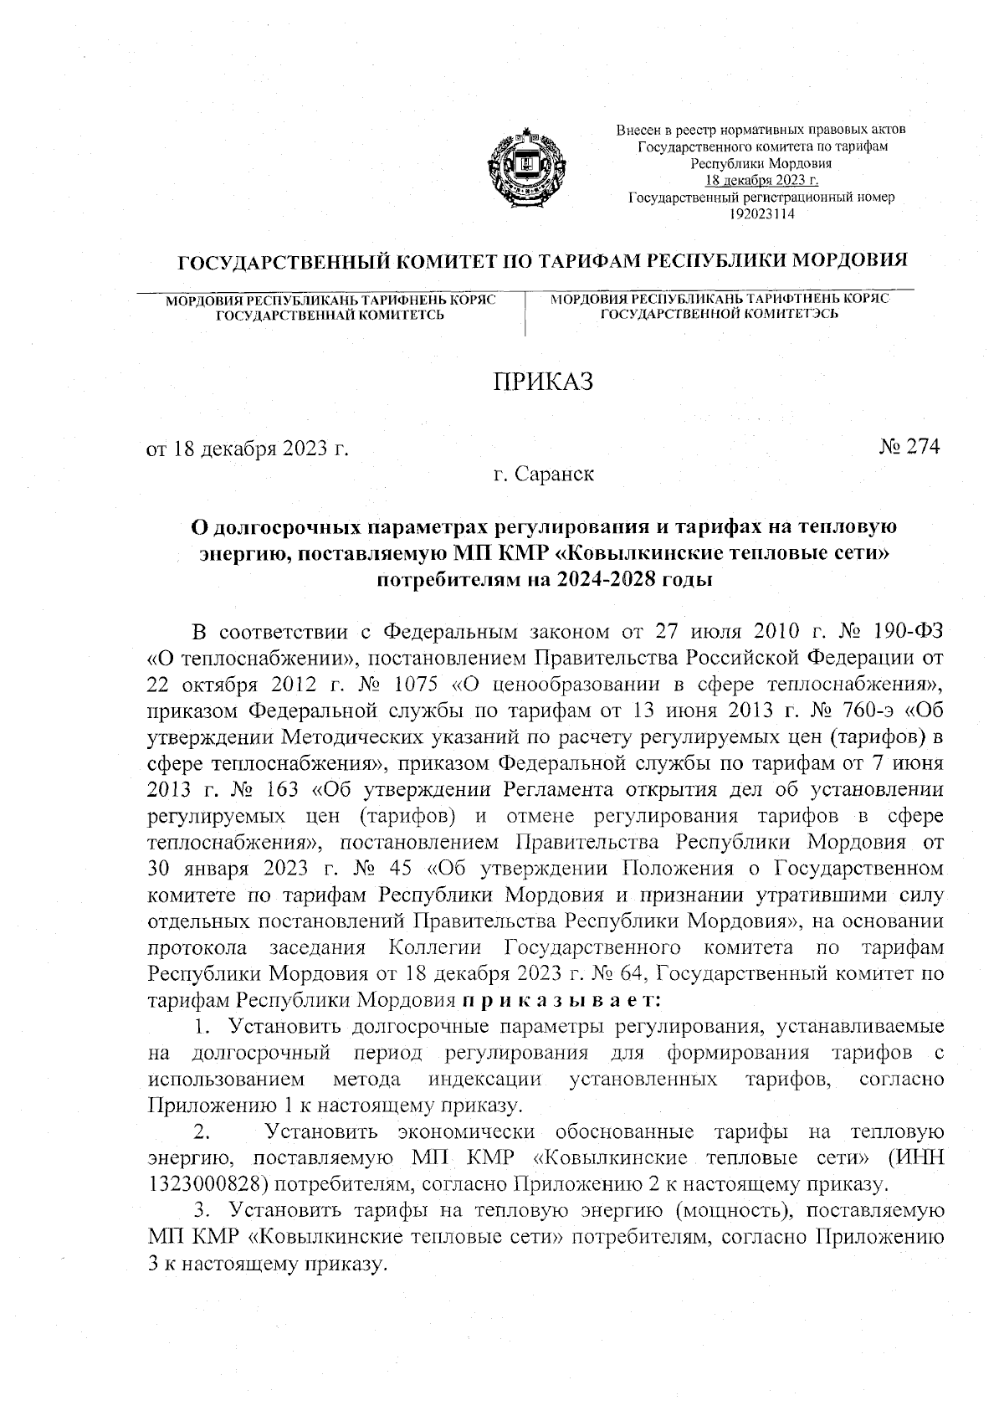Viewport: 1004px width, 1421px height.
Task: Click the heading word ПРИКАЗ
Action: (542, 382)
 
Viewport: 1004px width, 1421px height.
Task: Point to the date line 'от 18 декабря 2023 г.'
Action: (248, 449)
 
